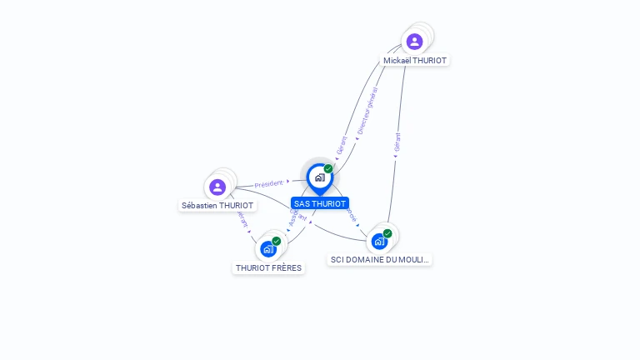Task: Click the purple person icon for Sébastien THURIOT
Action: click(217, 187)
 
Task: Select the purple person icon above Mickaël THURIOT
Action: click(414, 42)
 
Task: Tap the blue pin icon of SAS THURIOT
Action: click(319, 177)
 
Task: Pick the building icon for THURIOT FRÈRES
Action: click(267, 248)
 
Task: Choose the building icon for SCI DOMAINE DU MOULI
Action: click(379, 242)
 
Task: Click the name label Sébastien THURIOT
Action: click(217, 205)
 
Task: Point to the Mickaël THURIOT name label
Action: click(415, 61)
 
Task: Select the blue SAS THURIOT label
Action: click(320, 203)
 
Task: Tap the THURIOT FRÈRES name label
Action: click(268, 267)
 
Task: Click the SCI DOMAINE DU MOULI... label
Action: click(380, 259)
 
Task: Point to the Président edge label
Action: click(269, 183)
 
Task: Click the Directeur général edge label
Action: click(367, 110)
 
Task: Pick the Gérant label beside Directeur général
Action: click(341, 145)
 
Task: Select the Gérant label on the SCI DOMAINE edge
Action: click(397, 142)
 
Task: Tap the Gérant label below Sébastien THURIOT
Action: click(242, 219)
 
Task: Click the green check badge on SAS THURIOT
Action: click(328, 168)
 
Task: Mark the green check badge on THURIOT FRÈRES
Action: click(276, 241)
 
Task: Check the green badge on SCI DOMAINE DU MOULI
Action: click(387, 233)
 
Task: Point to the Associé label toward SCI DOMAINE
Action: click(351, 214)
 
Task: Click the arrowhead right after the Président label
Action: click(287, 181)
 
